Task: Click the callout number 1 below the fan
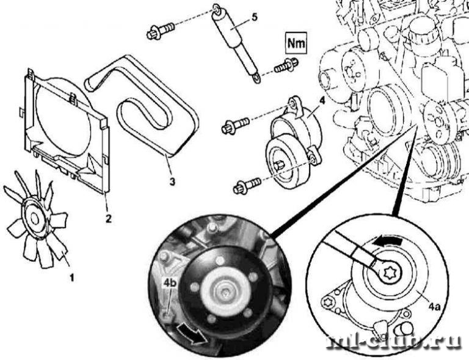[x=72, y=278]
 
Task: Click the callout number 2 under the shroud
[x=108, y=217]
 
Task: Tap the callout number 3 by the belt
[x=173, y=182]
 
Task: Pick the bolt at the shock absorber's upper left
[x=161, y=30]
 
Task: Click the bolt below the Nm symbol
[x=285, y=64]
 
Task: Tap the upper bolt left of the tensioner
[x=234, y=125]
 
